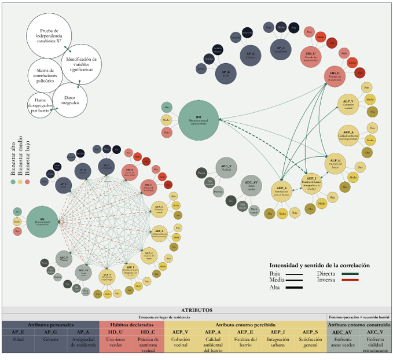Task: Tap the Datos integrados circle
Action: click(70, 99)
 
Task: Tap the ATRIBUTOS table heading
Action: click(196, 310)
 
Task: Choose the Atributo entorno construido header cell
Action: click(359, 325)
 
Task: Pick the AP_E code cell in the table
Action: click(18, 332)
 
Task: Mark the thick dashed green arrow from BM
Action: click(260, 139)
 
